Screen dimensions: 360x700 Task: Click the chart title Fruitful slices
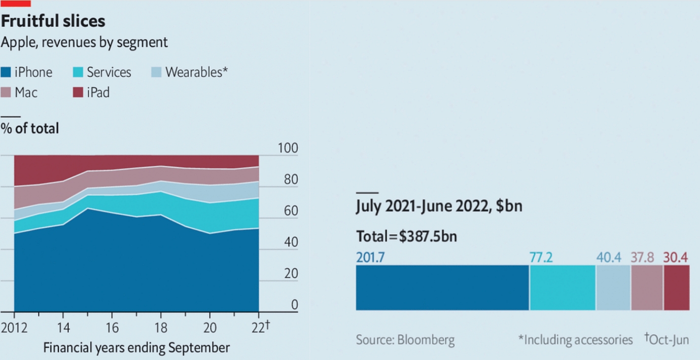tap(53, 21)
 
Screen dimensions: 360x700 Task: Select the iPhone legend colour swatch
tap(6, 73)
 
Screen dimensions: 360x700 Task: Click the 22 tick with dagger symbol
tap(261, 327)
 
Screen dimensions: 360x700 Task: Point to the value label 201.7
tap(370, 258)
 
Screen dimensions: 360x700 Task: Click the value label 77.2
tap(541, 258)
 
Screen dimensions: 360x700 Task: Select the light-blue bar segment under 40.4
tap(613, 287)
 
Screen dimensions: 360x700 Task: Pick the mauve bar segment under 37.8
tap(647, 287)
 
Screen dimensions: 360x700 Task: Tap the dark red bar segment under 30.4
tap(676, 287)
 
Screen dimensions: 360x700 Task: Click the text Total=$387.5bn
tap(407, 237)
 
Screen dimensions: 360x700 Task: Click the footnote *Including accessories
tap(575, 340)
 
